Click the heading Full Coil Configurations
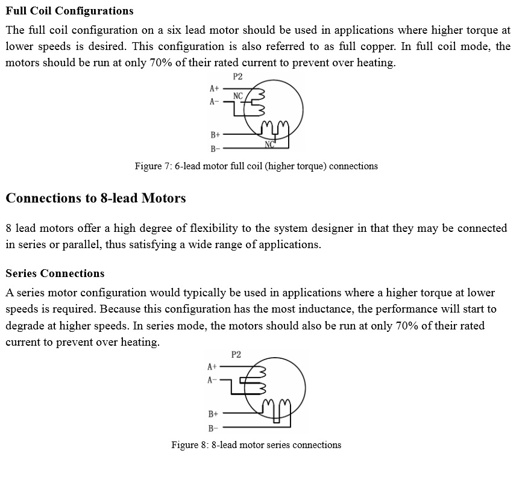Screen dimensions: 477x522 (x=69, y=11)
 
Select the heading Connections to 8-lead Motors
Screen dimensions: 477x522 (x=96, y=198)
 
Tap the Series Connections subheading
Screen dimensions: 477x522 (x=55, y=273)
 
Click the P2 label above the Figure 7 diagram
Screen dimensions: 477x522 (x=237, y=76)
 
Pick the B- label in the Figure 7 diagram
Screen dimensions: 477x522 (x=215, y=148)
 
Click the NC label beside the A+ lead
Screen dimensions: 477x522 (x=238, y=96)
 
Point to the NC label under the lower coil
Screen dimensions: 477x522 (x=269, y=145)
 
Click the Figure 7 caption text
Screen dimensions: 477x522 (x=256, y=166)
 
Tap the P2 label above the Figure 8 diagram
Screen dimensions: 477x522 (x=236, y=355)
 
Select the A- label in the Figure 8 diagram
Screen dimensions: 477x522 (x=212, y=380)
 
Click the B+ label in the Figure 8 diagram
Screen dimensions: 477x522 (x=213, y=414)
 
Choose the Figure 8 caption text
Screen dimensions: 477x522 (x=256, y=445)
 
